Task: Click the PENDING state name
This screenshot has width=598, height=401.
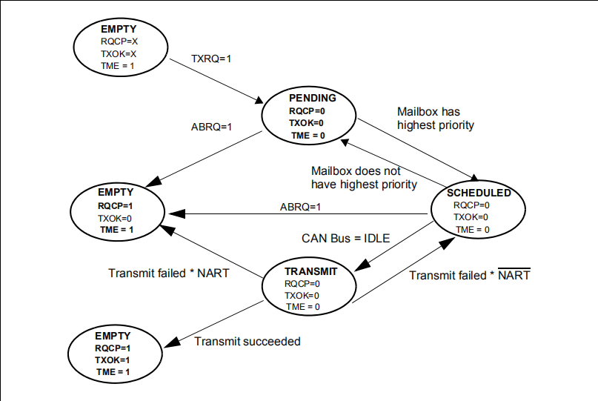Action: point(313,98)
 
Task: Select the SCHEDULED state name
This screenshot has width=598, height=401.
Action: point(479,193)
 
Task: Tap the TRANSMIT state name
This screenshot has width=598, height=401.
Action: point(310,271)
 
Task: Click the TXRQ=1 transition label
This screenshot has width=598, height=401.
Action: point(211,59)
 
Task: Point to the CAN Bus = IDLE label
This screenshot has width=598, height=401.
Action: point(345,239)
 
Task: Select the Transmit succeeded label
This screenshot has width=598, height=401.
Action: point(247,341)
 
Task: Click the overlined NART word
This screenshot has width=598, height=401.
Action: point(514,275)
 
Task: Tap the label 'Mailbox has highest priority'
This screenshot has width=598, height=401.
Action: point(436,119)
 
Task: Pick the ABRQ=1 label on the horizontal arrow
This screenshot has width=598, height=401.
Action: point(301,207)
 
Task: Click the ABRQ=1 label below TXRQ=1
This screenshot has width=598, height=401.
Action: point(211,127)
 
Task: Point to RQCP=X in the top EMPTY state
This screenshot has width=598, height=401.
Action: point(119,42)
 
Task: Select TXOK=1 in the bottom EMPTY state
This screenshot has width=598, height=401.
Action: point(112,359)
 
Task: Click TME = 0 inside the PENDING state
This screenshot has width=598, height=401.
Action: point(308,136)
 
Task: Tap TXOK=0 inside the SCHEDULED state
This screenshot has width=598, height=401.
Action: point(471,217)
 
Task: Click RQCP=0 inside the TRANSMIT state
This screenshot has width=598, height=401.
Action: point(302,284)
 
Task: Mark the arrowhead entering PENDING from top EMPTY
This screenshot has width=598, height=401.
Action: point(259,100)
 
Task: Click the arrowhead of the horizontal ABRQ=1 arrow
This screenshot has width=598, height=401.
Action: point(176,213)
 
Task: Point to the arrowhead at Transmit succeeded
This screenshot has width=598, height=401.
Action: point(172,342)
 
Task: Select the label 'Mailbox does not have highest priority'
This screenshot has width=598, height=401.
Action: point(364,177)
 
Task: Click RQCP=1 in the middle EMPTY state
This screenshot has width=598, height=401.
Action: point(115,206)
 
